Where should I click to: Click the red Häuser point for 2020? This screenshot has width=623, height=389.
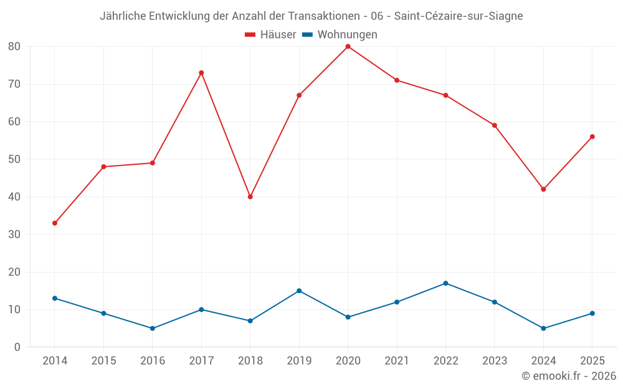pyautogui.click(x=348, y=47)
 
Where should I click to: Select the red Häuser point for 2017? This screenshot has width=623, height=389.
pyautogui.click(x=201, y=73)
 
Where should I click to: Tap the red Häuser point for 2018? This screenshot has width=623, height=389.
pyautogui.click(x=250, y=197)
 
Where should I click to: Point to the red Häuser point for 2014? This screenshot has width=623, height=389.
pyautogui.click(x=55, y=223)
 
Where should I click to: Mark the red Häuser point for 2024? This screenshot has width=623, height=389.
pyautogui.click(x=543, y=189)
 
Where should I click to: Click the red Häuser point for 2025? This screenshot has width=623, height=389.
pyautogui.click(x=592, y=136)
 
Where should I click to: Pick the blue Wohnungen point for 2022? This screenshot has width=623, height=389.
pyautogui.click(x=446, y=283)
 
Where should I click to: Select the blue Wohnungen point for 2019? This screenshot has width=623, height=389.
pyautogui.click(x=299, y=291)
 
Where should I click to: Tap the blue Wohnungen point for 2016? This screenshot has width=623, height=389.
pyautogui.click(x=153, y=328)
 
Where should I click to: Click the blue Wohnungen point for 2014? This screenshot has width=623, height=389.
pyautogui.click(x=55, y=299)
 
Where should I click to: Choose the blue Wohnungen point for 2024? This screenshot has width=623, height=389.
pyautogui.click(x=543, y=328)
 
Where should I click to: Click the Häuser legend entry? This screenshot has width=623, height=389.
pyautogui.click(x=270, y=34)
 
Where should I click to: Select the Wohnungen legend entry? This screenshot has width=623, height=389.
pyautogui.click(x=340, y=34)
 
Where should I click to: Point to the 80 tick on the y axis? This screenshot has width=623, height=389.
pyautogui.click(x=14, y=47)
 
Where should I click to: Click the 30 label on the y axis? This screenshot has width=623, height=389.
pyautogui.click(x=14, y=234)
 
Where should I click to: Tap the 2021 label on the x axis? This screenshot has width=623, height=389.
pyautogui.click(x=397, y=360)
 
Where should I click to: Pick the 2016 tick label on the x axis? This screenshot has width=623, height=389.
pyautogui.click(x=153, y=360)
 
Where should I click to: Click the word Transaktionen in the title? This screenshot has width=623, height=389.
pyautogui.click(x=324, y=16)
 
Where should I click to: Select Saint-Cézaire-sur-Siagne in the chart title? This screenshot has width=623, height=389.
pyautogui.click(x=459, y=16)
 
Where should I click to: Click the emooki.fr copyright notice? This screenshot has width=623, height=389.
pyautogui.click(x=569, y=375)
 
